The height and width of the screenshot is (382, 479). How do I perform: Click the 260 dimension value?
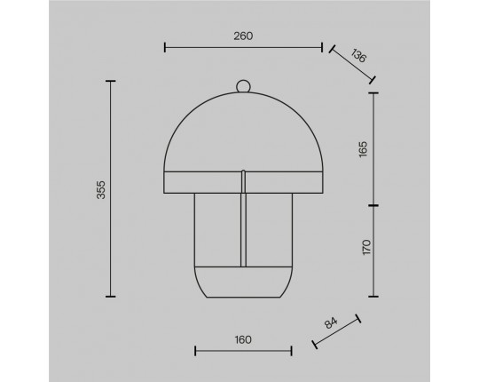click(243, 36)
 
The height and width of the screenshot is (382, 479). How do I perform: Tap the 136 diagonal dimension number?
click(358, 56)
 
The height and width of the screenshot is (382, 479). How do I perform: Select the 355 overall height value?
click(101, 189)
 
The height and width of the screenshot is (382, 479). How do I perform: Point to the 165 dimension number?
click(363, 149)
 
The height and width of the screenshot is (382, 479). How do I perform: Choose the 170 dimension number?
click(366, 247)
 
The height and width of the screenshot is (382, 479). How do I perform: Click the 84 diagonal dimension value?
click(331, 323)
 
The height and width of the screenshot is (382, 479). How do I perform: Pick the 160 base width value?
click(243, 339)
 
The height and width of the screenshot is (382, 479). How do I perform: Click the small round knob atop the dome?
click(243, 85)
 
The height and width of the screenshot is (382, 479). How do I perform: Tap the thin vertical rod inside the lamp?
click(243, 218)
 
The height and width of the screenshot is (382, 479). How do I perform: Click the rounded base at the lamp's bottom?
click(243, 282)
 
